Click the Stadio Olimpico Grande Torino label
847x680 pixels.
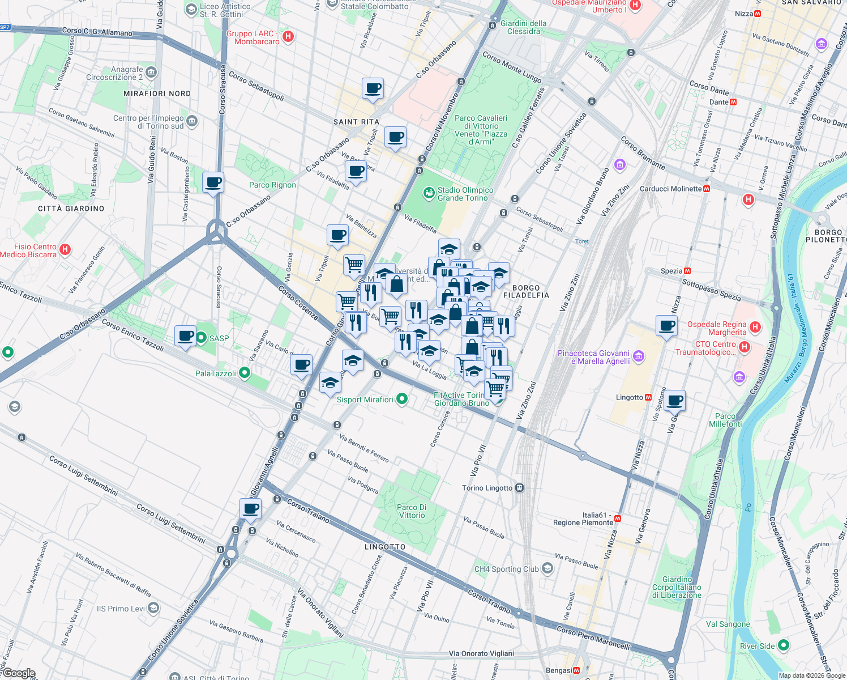coord(465,194)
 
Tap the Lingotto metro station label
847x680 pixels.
coord(630,397)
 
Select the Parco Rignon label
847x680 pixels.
coord(272,185)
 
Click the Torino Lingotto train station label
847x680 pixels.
coord(487,488)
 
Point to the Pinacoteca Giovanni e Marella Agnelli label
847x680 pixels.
coord(593,357)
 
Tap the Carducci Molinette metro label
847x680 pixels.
coord(670,189)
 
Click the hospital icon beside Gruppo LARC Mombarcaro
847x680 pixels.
coord(288,37)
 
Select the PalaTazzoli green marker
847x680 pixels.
coord(245,373)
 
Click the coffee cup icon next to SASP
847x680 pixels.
coord(185,336)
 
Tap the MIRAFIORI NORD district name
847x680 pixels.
coord(157,93)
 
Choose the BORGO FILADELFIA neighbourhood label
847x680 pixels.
coord(526,291)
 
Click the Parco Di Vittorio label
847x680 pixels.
coord(412,511)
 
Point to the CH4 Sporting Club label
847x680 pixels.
coord(507,569)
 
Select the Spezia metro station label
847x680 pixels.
coord(671,271)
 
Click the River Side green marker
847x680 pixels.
coord(783,645)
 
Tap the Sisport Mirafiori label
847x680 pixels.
coord(365,399)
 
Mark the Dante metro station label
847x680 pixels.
coord(719,102)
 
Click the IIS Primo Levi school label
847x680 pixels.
coord(121,609)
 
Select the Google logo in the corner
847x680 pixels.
coord(19,673)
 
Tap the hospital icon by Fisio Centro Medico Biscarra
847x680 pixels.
coord(65,249)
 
